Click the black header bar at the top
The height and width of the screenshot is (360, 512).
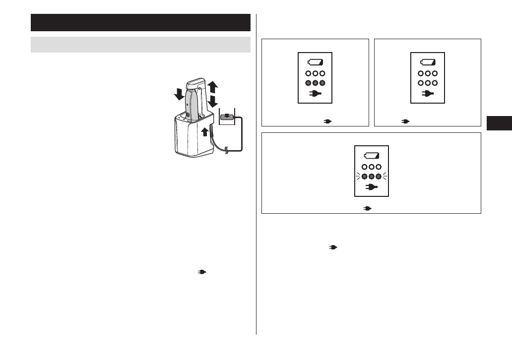coord(140,23)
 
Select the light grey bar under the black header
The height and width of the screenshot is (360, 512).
coord(140,44)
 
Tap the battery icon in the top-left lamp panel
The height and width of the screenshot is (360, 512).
coord(316,62)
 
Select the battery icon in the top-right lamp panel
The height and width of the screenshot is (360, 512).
coord(428,62)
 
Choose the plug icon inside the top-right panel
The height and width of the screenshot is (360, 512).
coord(428,93)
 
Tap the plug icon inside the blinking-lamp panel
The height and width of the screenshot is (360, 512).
coord(371,187)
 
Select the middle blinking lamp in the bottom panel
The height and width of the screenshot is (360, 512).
coord(371,176)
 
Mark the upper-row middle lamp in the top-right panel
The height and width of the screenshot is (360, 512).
coord(428,73)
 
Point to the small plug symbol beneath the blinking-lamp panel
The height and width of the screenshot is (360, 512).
coord(368,209)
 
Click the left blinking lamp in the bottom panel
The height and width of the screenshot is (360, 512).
coord(364,176)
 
